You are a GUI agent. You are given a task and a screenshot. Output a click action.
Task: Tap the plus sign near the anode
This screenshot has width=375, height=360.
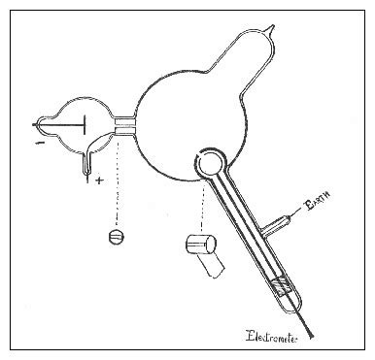[x=100, y=180]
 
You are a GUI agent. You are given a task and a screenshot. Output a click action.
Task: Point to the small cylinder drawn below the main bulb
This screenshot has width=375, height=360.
[x=199, y=245]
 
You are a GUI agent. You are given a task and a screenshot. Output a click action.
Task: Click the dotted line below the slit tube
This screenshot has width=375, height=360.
[x=118, y=184]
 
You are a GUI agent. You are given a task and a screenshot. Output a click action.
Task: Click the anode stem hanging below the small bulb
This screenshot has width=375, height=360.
[x=88, y=167]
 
